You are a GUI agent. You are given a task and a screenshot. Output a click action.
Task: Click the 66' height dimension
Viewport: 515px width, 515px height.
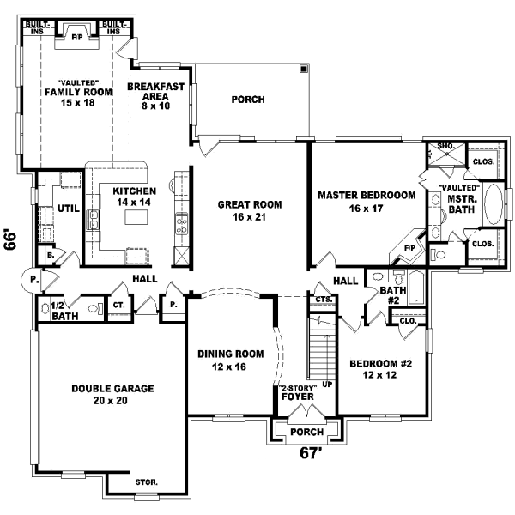tap(11, 239)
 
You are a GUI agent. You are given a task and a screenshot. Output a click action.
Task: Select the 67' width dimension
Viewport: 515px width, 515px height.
tap(310, 452)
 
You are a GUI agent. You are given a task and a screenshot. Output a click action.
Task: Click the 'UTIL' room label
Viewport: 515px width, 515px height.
tap(69, 208)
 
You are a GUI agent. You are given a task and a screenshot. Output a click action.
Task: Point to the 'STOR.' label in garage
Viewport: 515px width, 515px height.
tap(147, 482)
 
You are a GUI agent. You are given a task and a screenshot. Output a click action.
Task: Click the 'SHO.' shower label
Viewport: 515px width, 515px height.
tap(446, 147)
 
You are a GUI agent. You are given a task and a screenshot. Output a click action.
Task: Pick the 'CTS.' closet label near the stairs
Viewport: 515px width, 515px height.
tap(324, 299)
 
